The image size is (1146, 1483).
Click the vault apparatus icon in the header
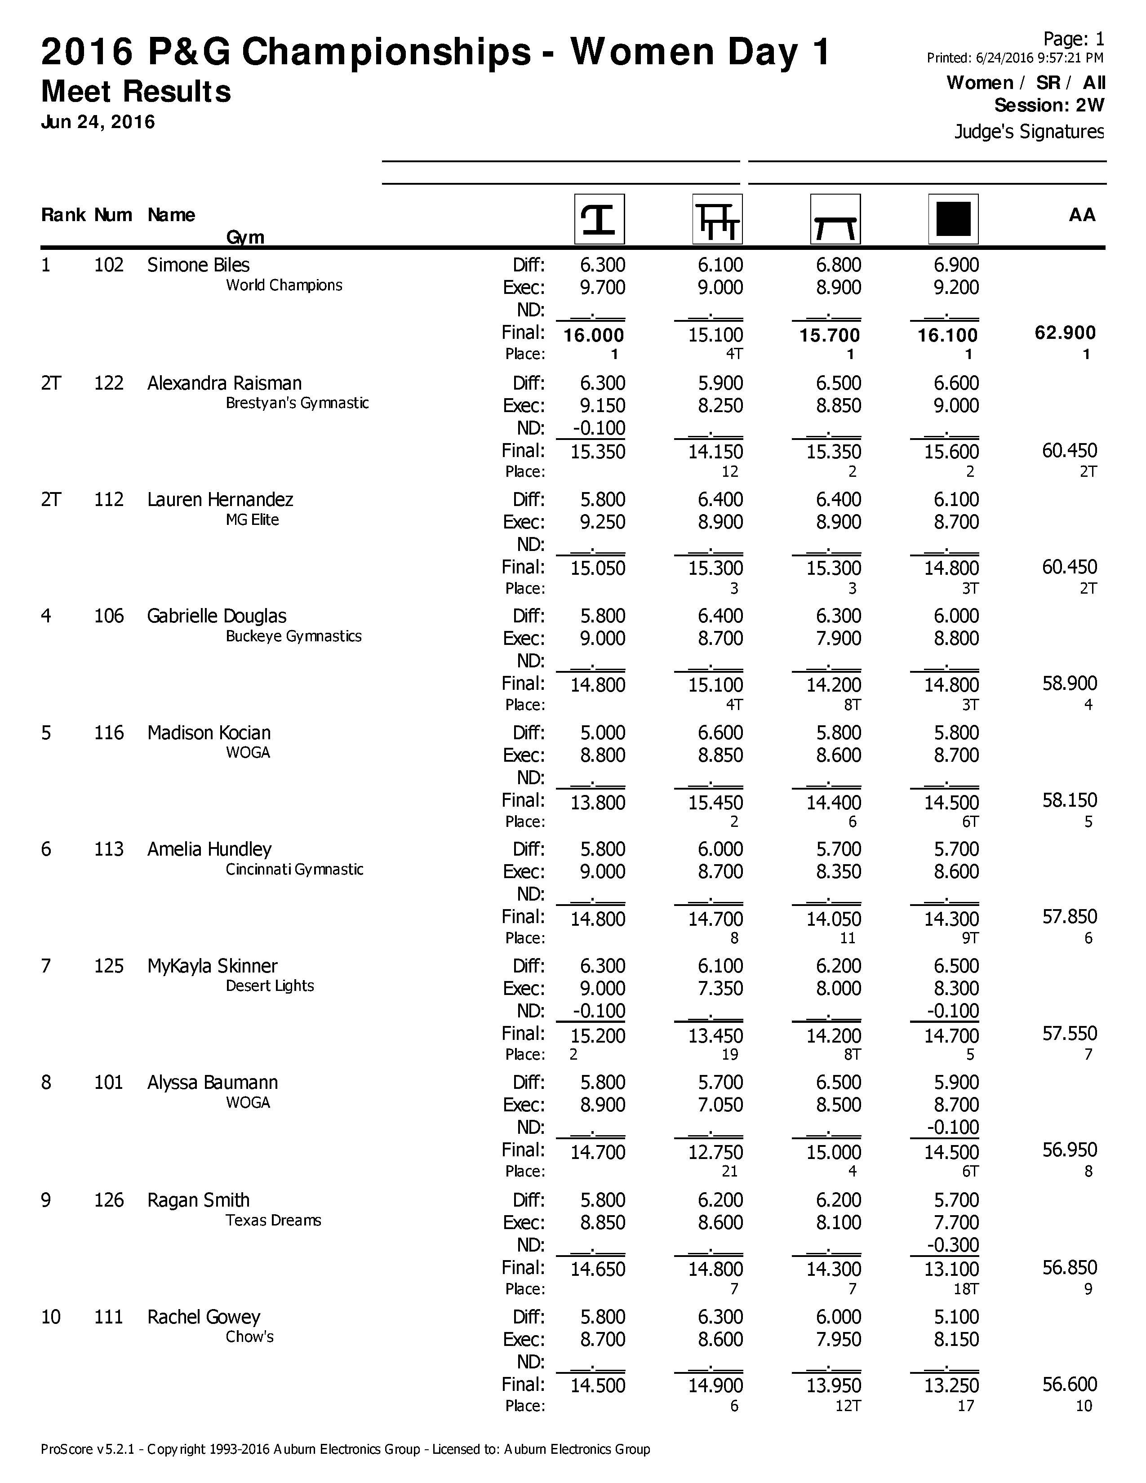point(599,219)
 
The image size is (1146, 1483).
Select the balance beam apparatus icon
point(835,219)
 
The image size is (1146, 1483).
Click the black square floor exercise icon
point(953,219)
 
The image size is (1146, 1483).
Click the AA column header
point(1081,215)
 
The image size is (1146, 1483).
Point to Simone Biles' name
point(198,265)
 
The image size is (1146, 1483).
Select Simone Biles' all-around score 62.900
point(1065,333)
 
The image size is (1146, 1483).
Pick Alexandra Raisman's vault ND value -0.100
point(598,428)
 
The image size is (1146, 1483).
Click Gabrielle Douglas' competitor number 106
point(109,616)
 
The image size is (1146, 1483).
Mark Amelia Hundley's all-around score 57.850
point(1069,917)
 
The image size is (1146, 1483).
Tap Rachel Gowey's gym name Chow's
point(249,1336)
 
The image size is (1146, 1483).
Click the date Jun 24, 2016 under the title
point(98,122)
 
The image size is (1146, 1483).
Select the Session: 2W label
point(1049,105)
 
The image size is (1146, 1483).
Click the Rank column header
point(63,215)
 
